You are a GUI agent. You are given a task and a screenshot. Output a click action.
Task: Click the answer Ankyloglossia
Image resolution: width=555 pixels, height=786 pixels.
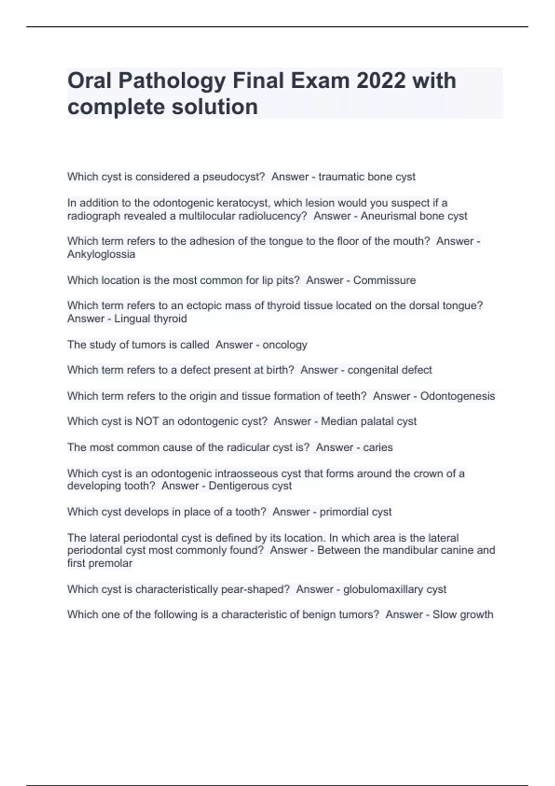pos(101,254)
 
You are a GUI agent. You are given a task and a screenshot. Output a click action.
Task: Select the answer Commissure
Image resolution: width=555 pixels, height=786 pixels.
pos(384,280)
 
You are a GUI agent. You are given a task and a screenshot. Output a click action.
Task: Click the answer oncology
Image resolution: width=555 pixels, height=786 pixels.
pos(284,345)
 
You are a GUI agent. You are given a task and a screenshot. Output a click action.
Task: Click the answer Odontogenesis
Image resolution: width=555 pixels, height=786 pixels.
pos(457,396)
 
